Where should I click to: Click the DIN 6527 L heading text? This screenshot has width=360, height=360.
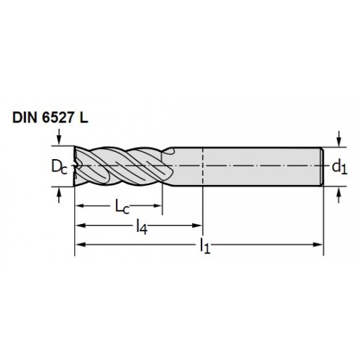50,118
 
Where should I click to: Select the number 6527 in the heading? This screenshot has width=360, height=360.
57,118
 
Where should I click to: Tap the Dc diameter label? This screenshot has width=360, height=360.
59,167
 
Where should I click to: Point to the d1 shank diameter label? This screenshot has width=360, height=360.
339,167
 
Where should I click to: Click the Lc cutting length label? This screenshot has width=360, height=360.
122,207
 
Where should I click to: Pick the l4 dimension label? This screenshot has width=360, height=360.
142,227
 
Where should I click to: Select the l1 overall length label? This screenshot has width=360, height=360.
205,246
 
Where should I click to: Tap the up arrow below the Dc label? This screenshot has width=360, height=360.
59,195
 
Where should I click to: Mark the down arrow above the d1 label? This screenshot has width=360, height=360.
338,138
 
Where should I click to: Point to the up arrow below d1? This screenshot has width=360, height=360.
338,195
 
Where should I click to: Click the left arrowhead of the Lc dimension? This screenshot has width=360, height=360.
80,206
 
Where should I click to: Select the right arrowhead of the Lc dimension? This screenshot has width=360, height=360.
157,206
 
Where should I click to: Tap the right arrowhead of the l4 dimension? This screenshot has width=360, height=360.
197,225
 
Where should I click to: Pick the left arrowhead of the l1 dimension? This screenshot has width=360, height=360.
80,245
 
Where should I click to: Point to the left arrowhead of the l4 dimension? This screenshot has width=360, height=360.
80,225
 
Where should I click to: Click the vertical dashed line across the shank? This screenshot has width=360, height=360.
203,167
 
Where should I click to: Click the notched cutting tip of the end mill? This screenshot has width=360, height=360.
77,166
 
